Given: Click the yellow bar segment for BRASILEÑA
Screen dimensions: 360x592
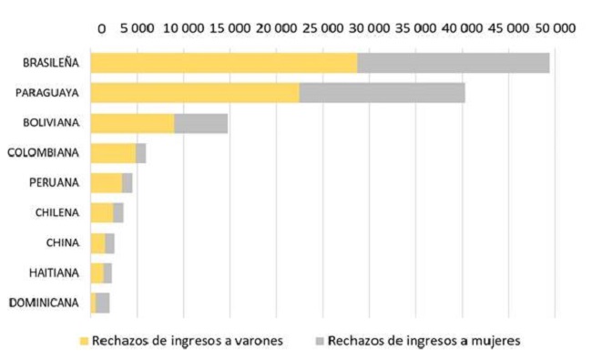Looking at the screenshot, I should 223,63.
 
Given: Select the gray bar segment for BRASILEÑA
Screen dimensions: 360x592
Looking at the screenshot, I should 453,63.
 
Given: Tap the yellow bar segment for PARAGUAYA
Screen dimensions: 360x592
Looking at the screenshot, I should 195,93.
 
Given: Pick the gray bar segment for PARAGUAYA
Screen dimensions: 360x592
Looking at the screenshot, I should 382,93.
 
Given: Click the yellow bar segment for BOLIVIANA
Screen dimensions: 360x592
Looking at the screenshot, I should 132,123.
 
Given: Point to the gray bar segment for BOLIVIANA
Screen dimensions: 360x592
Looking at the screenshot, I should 200,123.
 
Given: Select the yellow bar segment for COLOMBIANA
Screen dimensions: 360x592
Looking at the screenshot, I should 113,153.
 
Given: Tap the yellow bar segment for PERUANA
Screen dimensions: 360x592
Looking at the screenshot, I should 107,182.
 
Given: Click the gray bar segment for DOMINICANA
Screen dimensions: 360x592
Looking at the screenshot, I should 102,303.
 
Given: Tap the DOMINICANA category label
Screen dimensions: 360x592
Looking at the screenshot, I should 44,303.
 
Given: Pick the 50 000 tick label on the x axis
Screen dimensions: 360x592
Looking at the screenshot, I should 553,28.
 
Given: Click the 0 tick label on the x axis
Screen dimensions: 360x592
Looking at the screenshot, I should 101,28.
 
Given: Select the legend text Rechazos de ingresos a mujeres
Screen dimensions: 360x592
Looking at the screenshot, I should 424,341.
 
